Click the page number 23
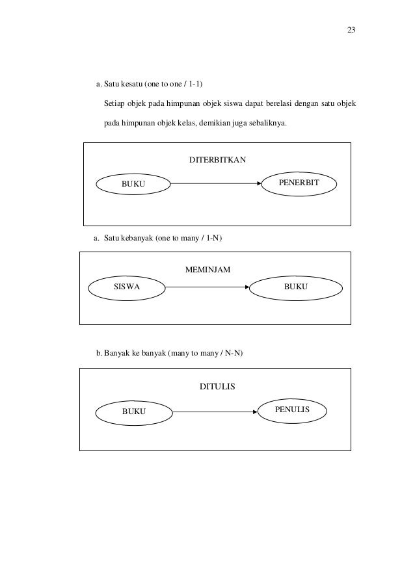[351, 31]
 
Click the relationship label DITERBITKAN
[217, 159]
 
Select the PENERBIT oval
[298, 184]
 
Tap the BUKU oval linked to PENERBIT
[133, 185]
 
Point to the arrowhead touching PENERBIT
[260, 184]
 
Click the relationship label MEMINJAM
[208, 268]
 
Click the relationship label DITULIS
[217, 386]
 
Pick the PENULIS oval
[292, 410]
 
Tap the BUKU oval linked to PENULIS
[134, 411]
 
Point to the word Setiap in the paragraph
[114, 104]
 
